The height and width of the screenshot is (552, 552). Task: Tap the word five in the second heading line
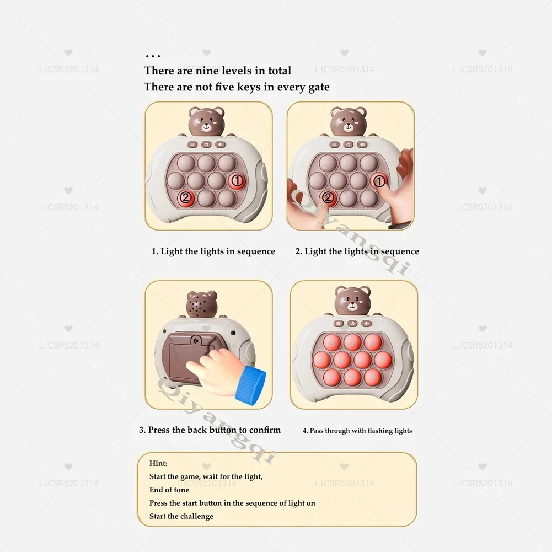coord(225,87)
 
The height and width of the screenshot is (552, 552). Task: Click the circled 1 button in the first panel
coord(237,181)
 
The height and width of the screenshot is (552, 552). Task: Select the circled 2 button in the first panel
coord(186,198)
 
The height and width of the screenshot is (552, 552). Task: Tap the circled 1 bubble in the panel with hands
coord(379,181)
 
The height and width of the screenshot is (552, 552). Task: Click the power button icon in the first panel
coord(206,144)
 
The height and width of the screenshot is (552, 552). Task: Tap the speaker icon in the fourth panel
coord(367,324)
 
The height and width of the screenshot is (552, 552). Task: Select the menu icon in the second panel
coord(334,144)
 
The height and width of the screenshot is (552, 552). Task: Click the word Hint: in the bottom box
coord(158,463)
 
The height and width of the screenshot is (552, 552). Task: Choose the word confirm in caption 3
coord(265,430)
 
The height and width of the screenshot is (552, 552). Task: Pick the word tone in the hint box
coord(181,490)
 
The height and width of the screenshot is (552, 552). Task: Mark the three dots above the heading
coord(153,56)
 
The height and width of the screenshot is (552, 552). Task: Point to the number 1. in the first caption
coord(154,251)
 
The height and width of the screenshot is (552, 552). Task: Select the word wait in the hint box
coord(210,476)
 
